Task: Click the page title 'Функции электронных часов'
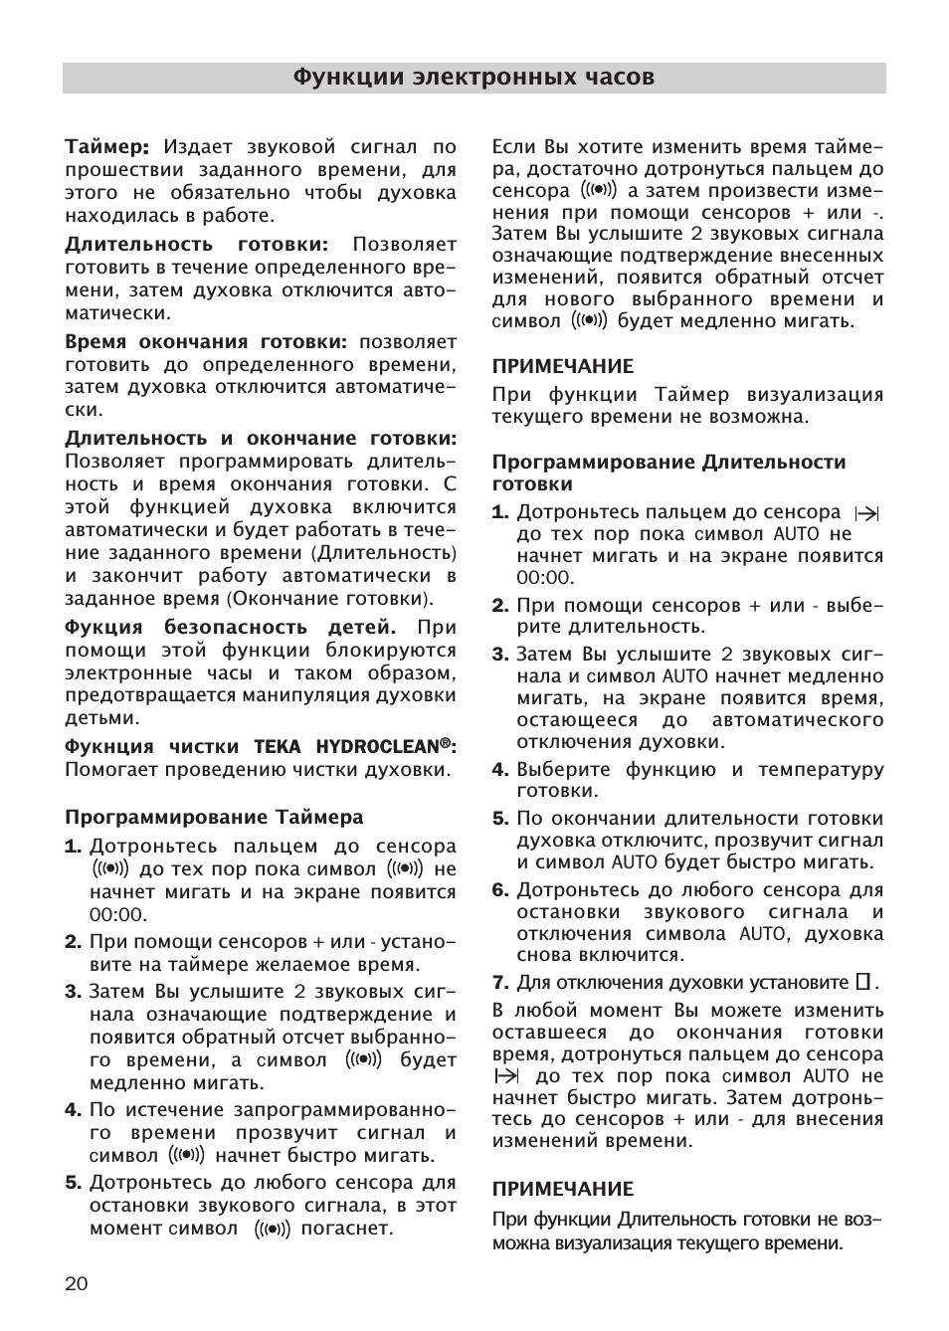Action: (x=474, y=78)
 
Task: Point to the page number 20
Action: (x=77, y=1283)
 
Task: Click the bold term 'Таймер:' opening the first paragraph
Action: (x=107, y=147)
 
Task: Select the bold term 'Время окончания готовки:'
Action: (x=206, y=341)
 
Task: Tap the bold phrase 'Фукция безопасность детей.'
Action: (x=230, y=628)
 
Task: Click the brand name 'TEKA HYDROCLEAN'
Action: (x=353, y=747)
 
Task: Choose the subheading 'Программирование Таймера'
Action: (x=214, y=818)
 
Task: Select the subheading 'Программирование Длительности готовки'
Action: (x=668, y=473)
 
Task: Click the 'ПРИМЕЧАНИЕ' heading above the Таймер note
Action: (x=562, y=366)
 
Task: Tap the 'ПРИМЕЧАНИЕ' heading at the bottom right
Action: (x=562, y=1189)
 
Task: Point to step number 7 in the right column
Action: (x=500, y=983)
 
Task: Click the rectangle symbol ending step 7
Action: (x=862, y=983)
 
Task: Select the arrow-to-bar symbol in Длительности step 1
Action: (x=866, y=513)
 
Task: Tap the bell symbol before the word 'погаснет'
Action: (x=272, y=1229)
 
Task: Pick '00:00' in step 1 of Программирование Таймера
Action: (x=117, y=915)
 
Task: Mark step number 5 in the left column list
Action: (x=74, y=1183)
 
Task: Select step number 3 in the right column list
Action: (x=500, y=655)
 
